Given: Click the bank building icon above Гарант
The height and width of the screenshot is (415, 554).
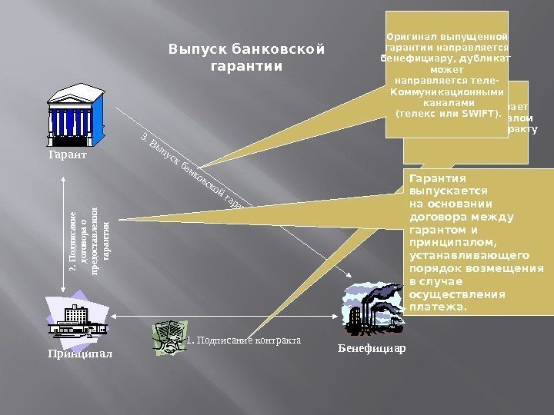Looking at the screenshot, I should pyautogui.click(x=75, y=115).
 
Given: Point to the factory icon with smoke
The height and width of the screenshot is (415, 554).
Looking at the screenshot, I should pyautogui.click(x=372, y=310).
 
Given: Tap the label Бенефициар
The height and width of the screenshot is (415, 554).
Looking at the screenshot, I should pyautogui.click(x=372, y=348).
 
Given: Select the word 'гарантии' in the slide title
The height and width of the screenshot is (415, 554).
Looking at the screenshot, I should pyautogui.click(x=246, y=66).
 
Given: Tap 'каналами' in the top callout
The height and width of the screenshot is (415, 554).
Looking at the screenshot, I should pyautogui.click(x=446, y=101).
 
